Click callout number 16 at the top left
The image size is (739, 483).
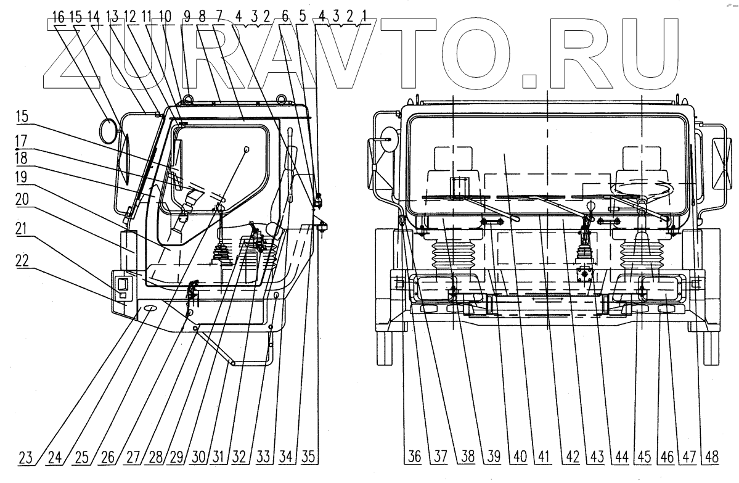point(58,18)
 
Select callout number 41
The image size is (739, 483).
point(543,458)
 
